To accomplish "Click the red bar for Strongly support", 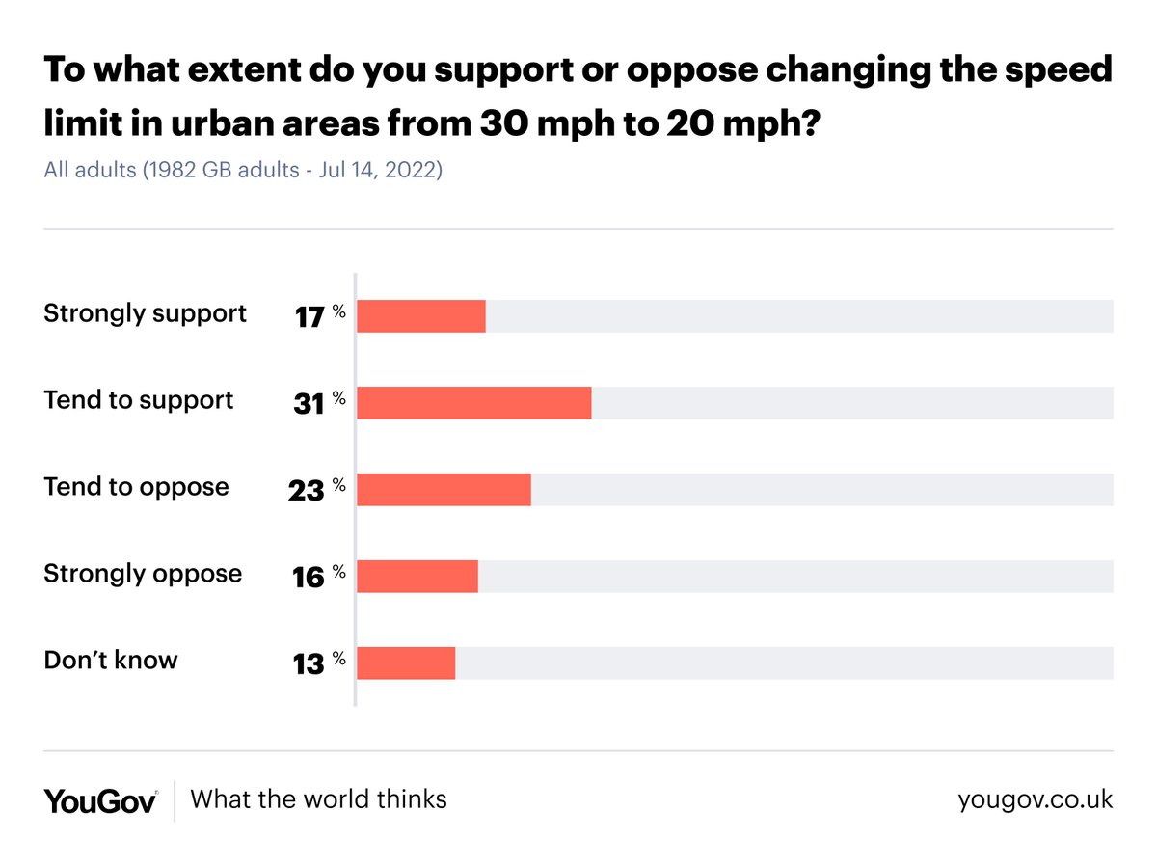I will (x=421, y=316).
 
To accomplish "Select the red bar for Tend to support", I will (x=473, y=403).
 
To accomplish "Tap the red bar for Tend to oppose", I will (x=444, y=490).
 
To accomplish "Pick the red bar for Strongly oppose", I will (x=417, y=577).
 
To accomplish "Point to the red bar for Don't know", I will (x=406, y=663).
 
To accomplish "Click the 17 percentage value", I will (x=310, y=316).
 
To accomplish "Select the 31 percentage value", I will (x=309, y=404).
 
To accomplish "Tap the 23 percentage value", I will (x=307, y=491).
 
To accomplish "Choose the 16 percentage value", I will (x=309, y=578).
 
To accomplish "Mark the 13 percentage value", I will (x=309, y=664).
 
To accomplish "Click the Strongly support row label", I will (x=145, y=313).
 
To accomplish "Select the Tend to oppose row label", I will (x=136, y=487).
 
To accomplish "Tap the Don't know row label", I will (x=111, y=661).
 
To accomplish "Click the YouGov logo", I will (x=100, y=800).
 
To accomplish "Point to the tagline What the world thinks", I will (x=318, y=799).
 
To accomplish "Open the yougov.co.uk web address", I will (x=1035, y=799).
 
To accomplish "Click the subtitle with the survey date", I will (x=243, y=172).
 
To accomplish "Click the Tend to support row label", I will (x=138, y=400).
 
